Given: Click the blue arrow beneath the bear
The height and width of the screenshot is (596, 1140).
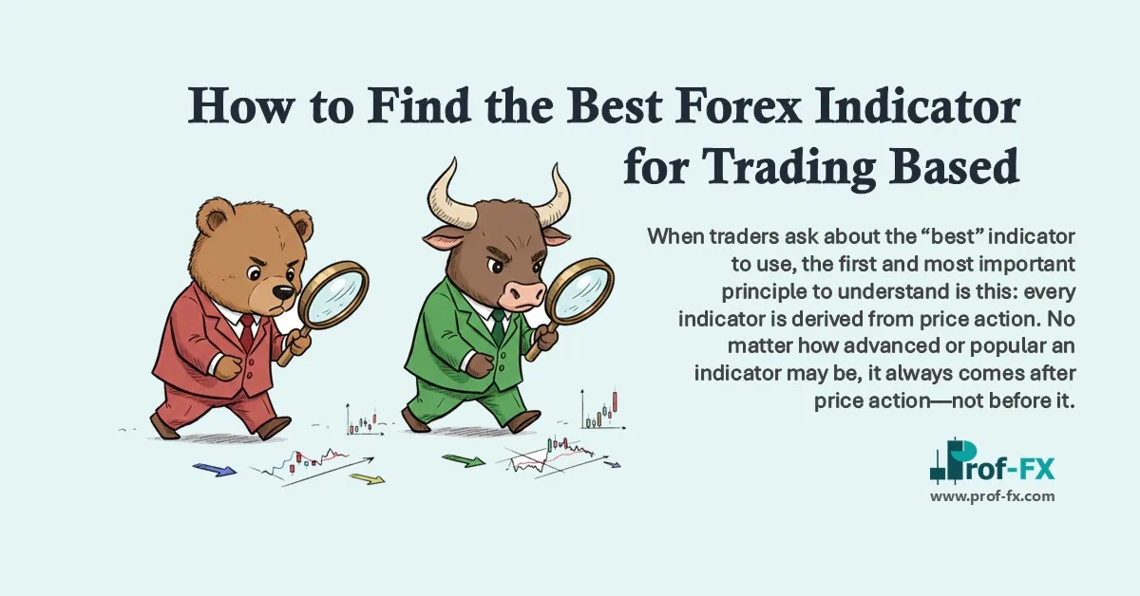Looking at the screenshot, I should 214,469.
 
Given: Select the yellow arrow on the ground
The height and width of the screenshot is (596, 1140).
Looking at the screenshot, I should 367,478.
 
